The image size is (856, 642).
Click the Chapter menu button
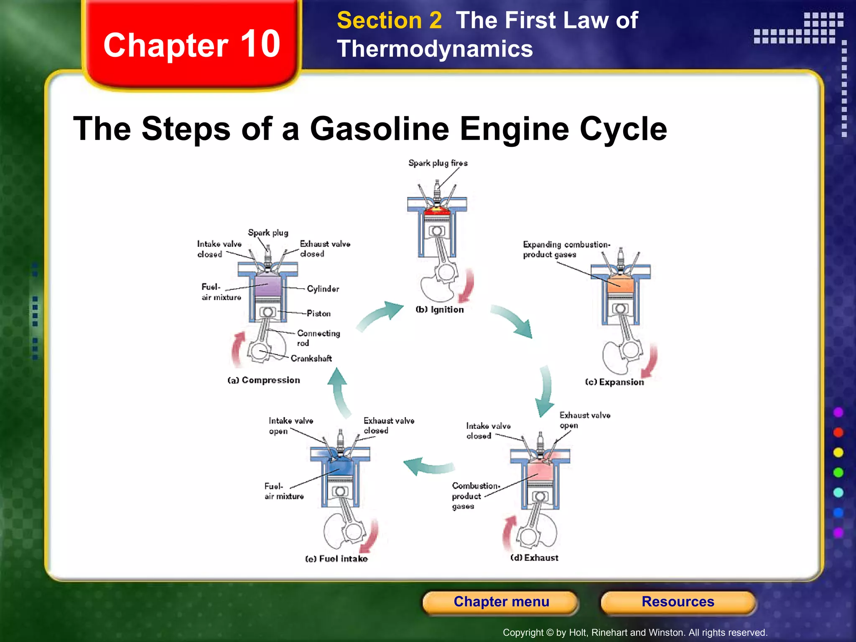pos(501,602)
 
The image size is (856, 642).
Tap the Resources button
pos(678,602)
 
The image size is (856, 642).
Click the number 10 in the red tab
pos(260,44)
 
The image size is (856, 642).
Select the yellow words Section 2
pos(389,20)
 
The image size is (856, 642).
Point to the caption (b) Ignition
pos(439,310)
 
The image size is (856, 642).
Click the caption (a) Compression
pos(264,380)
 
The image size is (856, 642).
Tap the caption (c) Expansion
pos(614,382)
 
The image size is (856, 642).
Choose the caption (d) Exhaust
pos(534,558)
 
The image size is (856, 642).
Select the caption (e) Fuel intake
pos(336,559)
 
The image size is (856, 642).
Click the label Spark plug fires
pos(438,163)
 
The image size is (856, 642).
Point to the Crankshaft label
pos(311,359)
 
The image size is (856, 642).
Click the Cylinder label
pos(323,289)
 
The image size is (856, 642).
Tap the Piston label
pos(318,313)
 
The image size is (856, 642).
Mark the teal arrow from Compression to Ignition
pos(380,317)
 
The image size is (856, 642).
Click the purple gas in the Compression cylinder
pos(267,286)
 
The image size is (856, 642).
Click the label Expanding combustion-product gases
pos(566,250)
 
